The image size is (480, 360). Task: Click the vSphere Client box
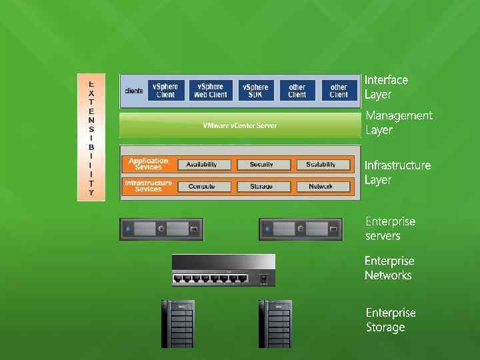point(165,91)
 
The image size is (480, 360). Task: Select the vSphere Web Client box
point(210,91)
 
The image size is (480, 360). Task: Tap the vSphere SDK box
point(255,91)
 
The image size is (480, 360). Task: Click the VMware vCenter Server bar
point(240,125)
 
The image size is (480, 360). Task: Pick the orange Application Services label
point(148,164)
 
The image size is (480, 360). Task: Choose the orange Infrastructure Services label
point(148,186)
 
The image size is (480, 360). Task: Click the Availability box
point(201,165)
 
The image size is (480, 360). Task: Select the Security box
point(261,165)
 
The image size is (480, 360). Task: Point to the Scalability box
point(321,165)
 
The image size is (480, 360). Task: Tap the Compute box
point(201,187)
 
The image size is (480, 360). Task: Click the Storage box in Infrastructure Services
point(261,187)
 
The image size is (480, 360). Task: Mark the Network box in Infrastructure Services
point(321,187)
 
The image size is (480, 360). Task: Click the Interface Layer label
point(386,87)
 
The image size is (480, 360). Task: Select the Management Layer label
point(399,123)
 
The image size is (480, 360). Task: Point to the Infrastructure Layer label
point(397,172)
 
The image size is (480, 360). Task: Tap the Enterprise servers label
point(390,229)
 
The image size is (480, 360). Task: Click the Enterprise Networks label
point(389,268)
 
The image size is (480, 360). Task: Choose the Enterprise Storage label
point(390,320)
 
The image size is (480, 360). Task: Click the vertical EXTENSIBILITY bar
point(91,137)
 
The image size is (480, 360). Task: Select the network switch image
point(223,271)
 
